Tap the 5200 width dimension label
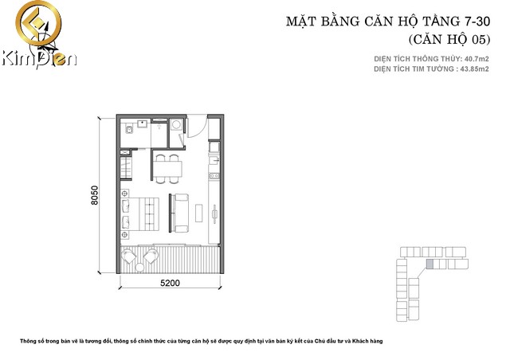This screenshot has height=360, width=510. pos(169,283)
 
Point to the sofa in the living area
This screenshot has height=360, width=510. pos(181,209)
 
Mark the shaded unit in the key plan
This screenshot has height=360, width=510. pos(430,264)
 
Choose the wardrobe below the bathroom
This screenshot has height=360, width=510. pos(125,168)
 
